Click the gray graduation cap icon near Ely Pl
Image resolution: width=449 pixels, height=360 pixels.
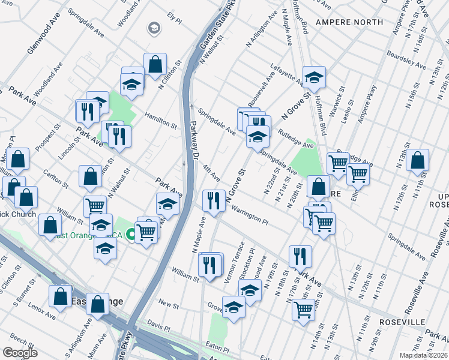[154, 28]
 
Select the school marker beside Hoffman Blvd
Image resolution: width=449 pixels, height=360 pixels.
[313, 77]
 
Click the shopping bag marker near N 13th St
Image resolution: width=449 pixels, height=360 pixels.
[417, 160]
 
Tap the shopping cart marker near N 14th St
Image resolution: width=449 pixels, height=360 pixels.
[304, 309]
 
